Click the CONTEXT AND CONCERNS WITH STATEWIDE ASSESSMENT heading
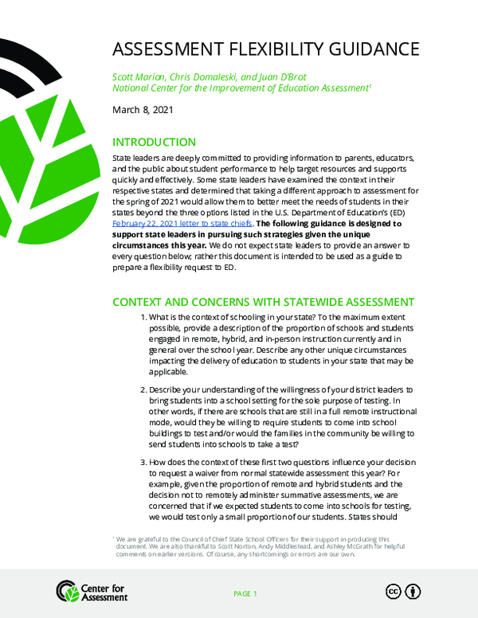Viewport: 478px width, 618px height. click(x=263, y=303)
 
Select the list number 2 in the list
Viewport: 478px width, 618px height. click(x=143, y=390)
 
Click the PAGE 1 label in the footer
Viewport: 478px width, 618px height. click(x=245, y=594)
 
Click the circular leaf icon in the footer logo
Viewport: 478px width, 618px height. click(x=67, y=591)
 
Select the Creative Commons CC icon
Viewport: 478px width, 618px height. click(x=393, y=591)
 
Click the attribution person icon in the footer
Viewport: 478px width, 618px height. click(x=413, y=591)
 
